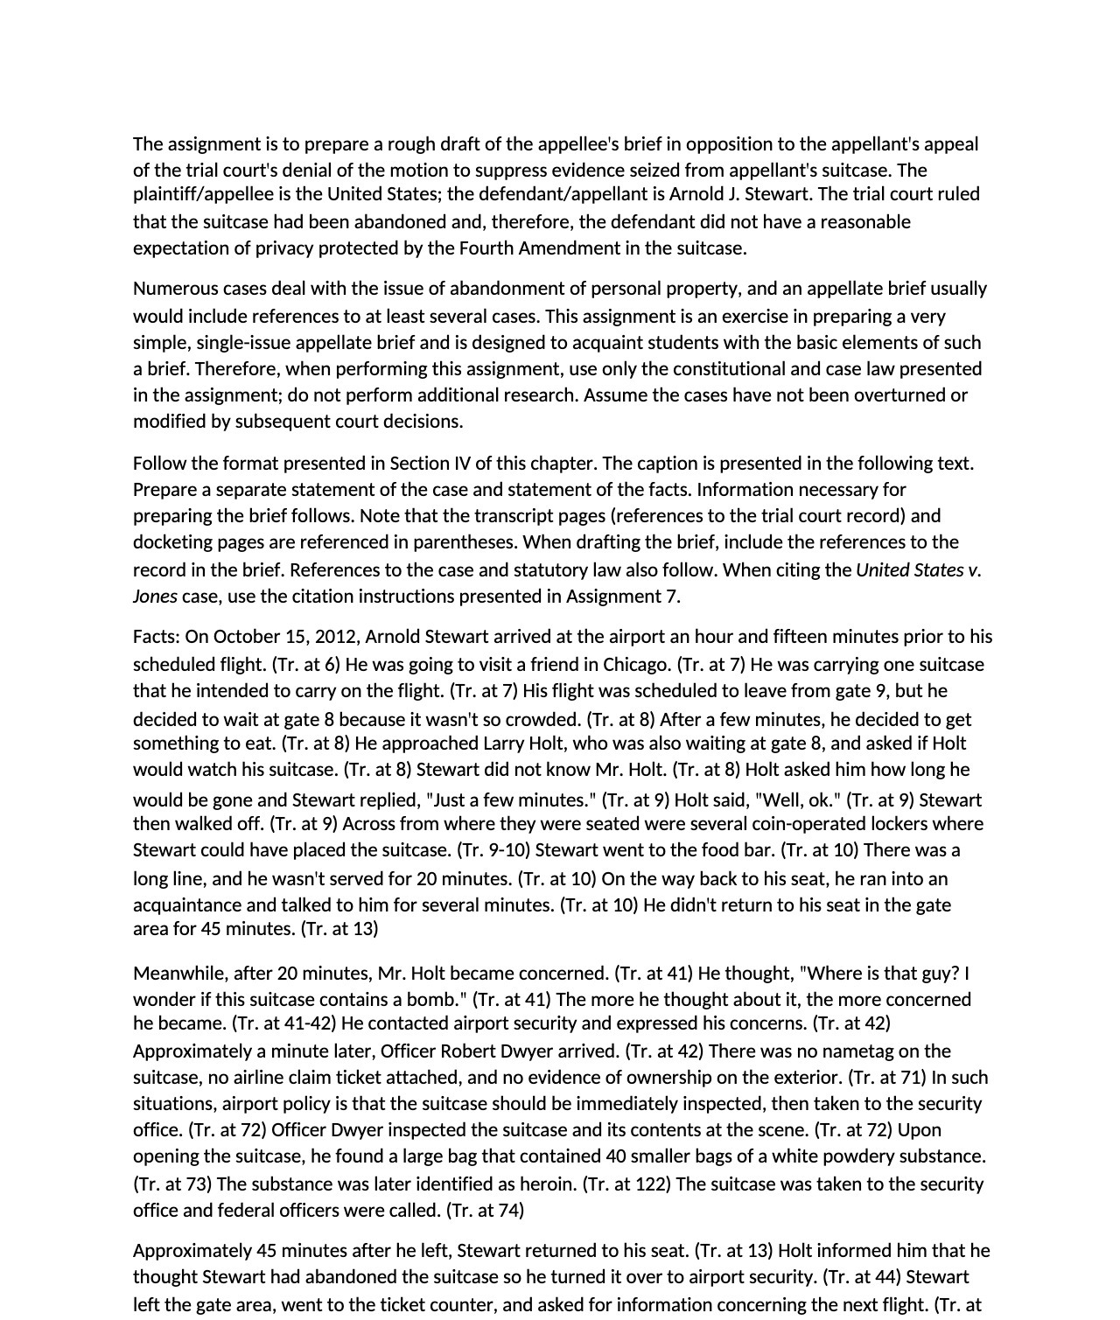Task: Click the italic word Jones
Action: pyautogui.click(x=155, y=597)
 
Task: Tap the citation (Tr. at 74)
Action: pyautogui.click(x=485, y=1211)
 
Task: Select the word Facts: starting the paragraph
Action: pyautogui.click(x=157, y=637)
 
